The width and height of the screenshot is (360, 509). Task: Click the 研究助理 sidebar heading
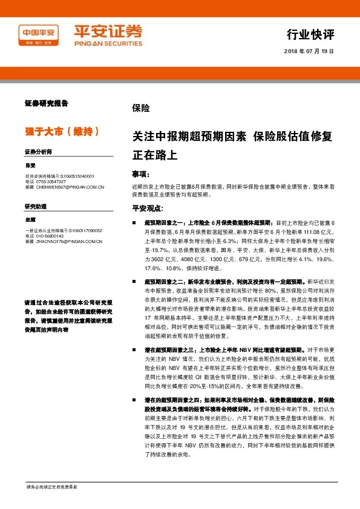coord(35,207)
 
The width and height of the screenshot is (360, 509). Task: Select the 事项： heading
coord(140,173)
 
